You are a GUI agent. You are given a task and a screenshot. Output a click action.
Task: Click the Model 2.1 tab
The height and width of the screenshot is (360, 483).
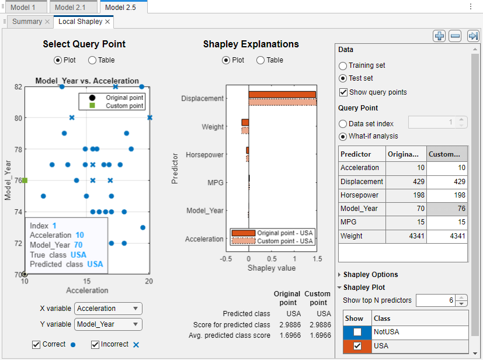[x=74, y=7]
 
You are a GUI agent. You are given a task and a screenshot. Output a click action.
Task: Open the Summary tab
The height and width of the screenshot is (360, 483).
[x=27, y=22]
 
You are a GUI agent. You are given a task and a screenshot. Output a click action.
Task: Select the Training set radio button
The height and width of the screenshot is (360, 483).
[x=343, y=65]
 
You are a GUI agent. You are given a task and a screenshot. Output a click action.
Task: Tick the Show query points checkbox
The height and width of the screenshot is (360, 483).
[x=343, y=92]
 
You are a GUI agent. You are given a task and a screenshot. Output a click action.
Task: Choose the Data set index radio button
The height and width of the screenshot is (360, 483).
[x=343, y=123]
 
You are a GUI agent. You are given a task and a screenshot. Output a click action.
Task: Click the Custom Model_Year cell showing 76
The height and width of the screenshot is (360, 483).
[x=447, y=208]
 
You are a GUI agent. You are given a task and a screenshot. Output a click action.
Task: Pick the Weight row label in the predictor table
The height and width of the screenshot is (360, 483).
[x=352, y=236]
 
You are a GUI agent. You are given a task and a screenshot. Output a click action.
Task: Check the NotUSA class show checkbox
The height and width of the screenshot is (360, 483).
[x=357, y=332]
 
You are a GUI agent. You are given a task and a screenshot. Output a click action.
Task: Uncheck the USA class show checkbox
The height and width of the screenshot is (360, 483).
[x=357, y=346]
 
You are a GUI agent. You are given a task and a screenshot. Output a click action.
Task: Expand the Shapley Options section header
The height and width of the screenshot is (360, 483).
[x=370, y=274]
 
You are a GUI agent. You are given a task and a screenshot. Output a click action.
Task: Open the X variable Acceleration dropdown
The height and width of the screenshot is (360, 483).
[x=108, y=309]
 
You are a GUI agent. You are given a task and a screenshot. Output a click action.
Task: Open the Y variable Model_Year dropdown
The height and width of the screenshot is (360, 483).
[x=108, y=324]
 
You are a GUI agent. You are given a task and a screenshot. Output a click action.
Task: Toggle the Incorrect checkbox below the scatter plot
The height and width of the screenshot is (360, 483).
[x=95, y=345]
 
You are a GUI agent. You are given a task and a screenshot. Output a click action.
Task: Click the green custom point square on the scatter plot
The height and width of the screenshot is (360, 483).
[x=25, y=181]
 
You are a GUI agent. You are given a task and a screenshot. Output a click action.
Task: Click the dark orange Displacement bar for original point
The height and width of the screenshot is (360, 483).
[x=282, y=95]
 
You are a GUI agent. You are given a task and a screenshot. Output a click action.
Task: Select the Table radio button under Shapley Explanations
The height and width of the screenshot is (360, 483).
[x=260, y=60]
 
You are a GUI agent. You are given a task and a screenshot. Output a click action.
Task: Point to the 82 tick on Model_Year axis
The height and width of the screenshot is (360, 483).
[x=18, y=86]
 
